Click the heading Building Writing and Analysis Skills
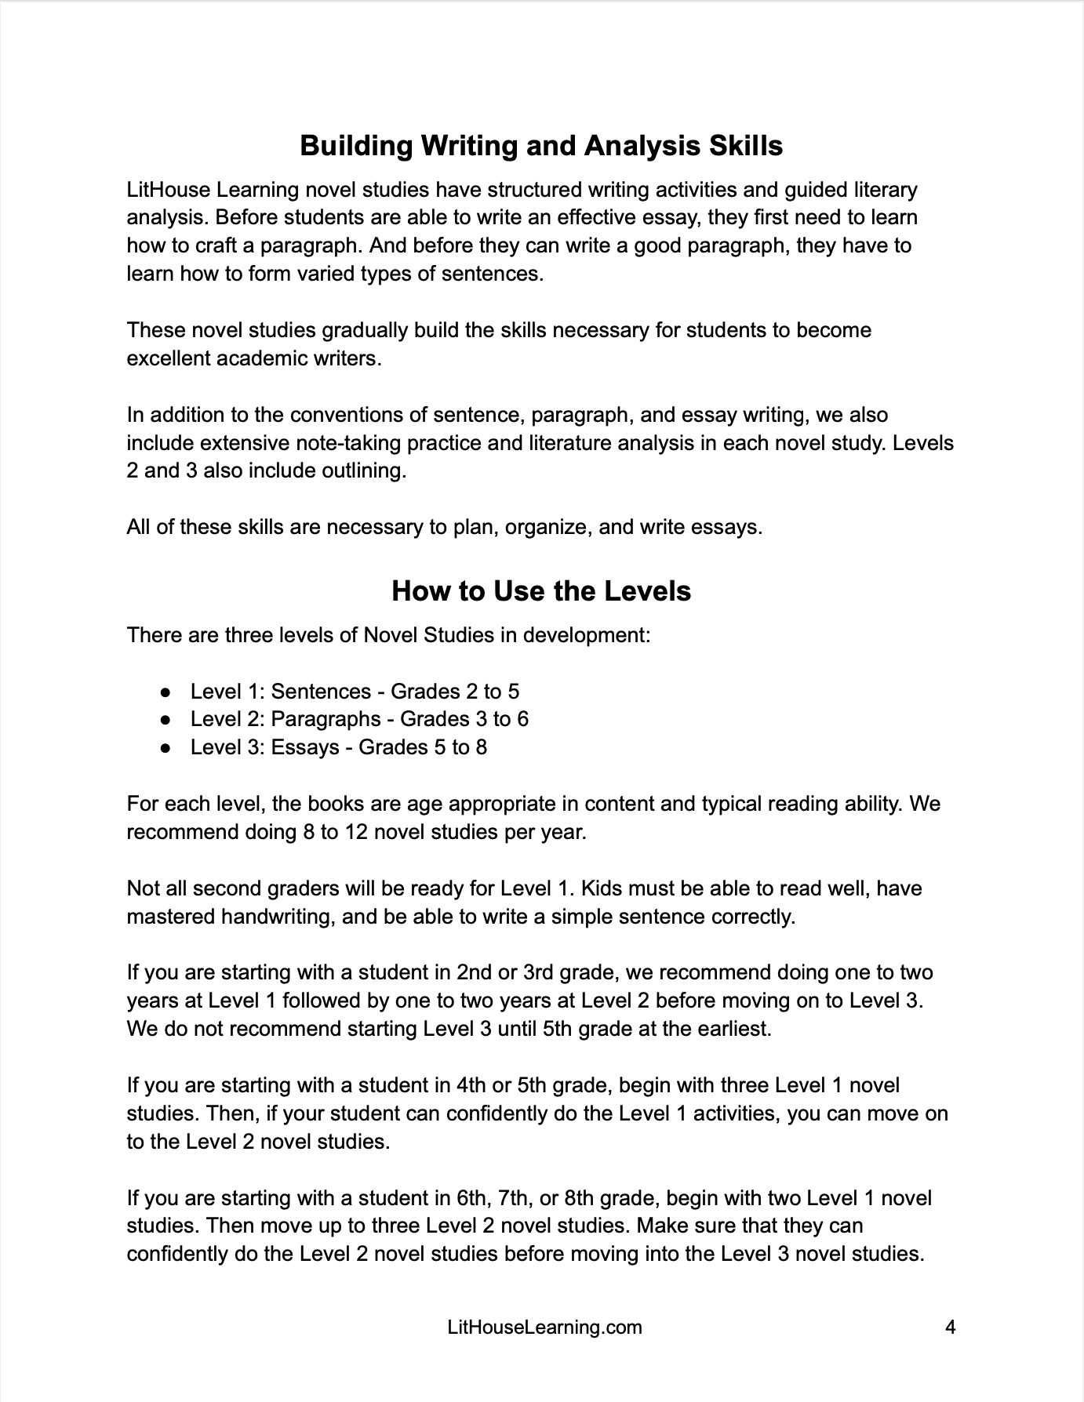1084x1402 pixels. pos(541,146)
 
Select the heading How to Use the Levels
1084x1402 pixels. pos(541,590)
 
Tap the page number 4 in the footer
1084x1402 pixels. pos(950,1328)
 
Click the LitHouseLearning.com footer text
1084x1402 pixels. pos(544,1328)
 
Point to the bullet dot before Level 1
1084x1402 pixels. pos(166,692)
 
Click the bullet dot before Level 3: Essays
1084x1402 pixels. pos(166,748)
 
